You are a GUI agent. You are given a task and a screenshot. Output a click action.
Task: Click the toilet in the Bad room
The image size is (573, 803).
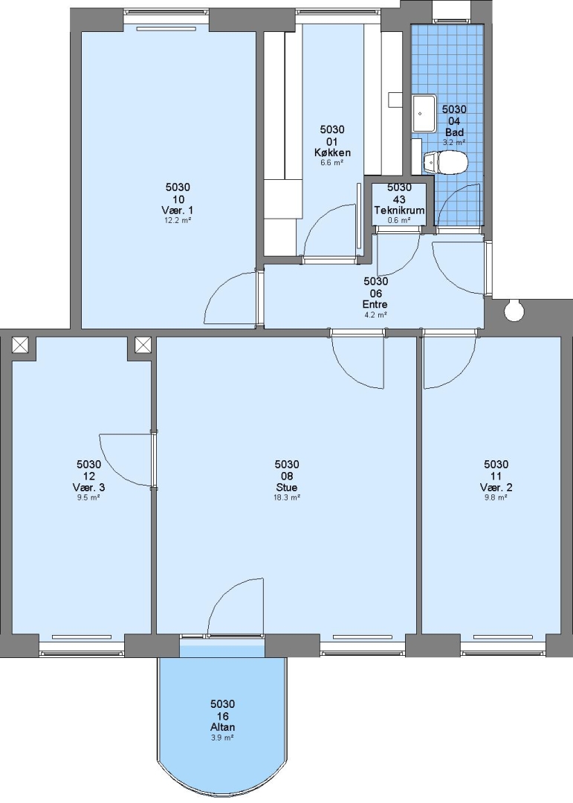(445, 162)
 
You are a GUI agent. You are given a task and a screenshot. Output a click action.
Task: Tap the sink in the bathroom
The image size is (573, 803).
(424, 112)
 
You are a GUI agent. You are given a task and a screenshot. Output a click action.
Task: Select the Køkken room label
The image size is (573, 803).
(332, 152)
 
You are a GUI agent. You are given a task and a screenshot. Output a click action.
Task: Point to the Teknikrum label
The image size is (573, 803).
(399, 210)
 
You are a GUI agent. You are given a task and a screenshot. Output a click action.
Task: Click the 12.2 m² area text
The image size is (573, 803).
(178, 220)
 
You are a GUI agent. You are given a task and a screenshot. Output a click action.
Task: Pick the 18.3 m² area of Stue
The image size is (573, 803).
(287, 497)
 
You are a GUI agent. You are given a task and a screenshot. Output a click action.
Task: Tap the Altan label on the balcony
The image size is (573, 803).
(223, 727)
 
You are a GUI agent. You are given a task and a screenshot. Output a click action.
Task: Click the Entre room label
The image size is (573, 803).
(375, 304)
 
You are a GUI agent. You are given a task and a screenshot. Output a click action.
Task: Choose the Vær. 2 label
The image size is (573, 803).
(496, 487)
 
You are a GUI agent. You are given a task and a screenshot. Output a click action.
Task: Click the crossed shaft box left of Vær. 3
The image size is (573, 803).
(21, 345)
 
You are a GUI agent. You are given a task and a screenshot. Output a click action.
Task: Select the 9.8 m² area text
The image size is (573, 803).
(496, 497)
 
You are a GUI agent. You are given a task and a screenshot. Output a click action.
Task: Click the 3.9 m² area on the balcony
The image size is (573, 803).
(223, 738)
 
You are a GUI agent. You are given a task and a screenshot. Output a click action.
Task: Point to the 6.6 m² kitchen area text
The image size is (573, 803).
(331, 162)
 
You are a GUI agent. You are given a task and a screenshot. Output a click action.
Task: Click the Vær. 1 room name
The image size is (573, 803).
(178, 210)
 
